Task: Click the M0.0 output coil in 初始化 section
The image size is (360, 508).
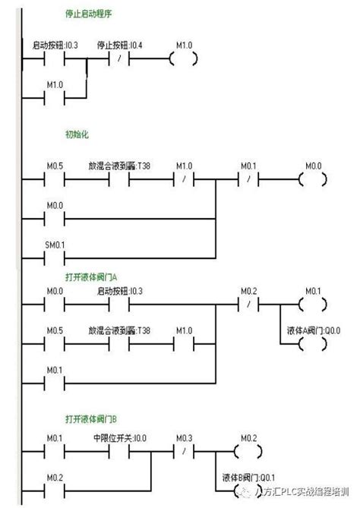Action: click(314, 180)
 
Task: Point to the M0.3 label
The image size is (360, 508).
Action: click(185, 438)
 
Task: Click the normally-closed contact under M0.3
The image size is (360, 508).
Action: click(185, 452)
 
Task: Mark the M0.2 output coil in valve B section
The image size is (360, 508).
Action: click(249, 452)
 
